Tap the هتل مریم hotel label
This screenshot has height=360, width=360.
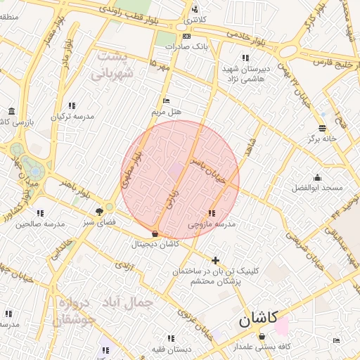[x=166, y=112]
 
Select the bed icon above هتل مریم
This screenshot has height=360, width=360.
[x=166, y=101]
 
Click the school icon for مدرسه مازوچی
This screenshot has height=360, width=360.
[x=212, y=213]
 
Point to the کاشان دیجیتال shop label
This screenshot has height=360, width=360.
[x=155, y=244]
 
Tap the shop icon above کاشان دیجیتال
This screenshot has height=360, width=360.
[x=155, y=233]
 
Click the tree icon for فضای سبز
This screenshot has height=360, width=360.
[x=99, y=210]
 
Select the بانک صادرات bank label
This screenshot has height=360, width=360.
[x=186, y=46]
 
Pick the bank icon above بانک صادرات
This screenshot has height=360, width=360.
[x=186, y=36]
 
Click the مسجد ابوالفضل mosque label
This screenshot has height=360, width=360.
[x=317, y=188]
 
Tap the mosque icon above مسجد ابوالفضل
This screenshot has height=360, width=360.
[x=317, y=177]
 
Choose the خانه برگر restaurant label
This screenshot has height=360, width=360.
[x=322, y=139]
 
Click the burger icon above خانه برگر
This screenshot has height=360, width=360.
[x=322, y=128]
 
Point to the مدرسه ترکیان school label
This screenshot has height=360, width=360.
[x=70, y=116]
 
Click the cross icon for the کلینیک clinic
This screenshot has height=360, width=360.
[x=215, y=260]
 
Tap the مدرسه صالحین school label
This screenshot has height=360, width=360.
[x=40, y=224]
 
